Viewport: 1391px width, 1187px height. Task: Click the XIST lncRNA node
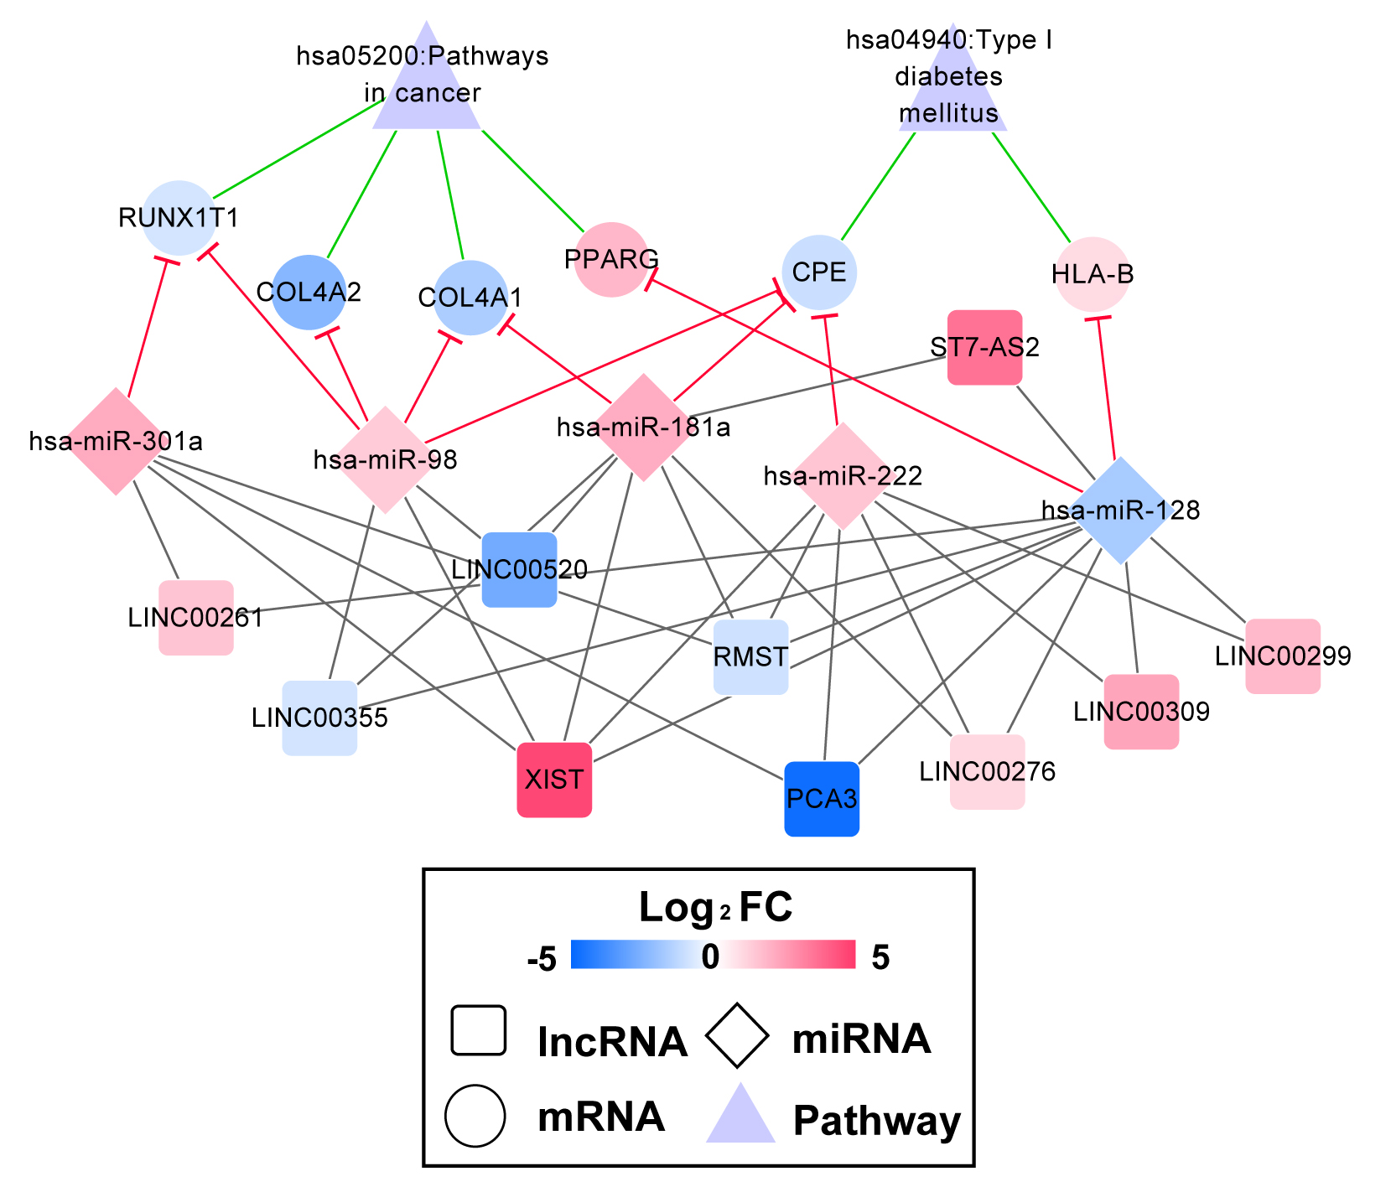[x=554, y=780]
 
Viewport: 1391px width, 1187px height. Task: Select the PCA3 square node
[x=822, y=799]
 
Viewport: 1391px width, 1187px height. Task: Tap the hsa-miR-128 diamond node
[x=1121, y=510]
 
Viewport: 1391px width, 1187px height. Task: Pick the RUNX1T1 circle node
[x=179, y=218]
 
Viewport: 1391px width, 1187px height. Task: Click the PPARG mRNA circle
[x=612, y=259]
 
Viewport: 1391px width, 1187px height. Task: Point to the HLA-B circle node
[x=1093, y=274]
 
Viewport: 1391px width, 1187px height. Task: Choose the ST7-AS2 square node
[x=985, y=347]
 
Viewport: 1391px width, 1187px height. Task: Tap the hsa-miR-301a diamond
[x=116, y=441]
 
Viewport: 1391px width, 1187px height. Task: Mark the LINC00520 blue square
[x=520, y=570]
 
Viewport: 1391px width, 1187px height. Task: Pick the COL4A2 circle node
[x=309, y=292]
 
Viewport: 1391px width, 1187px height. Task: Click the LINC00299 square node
[x=1283, y=656]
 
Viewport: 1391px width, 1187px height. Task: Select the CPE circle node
[x=819, y=272]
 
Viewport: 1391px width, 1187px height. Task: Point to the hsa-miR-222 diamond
[x=843, y=476]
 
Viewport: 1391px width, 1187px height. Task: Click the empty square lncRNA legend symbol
[x=478, y=1030]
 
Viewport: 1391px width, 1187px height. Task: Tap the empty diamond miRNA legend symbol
[x=737, y=1036]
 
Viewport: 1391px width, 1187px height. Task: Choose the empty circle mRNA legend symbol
[x=475, y=1116]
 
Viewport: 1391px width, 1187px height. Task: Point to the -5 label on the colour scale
[x=542, y=958]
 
